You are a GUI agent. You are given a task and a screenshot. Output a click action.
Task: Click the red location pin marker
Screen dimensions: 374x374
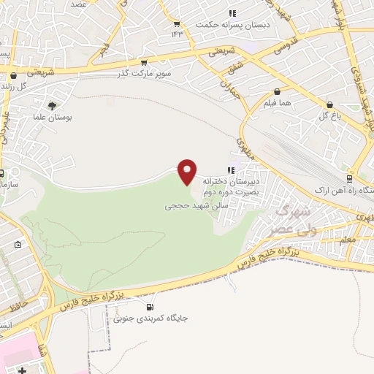pyautogui.click(x=188, y=171)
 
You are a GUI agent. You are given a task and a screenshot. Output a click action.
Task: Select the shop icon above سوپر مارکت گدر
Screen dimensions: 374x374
pyautogui.click(x=144, y=63)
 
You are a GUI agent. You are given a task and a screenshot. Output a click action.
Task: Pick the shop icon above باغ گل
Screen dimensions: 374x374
pyautogui.click(x=330, y=104)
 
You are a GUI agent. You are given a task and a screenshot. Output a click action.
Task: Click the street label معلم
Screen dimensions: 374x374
pyautogui.click(x=348, y=238)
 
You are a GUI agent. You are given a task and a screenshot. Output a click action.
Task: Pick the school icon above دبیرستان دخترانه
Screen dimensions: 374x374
pyautogui.click(x=232, y=170)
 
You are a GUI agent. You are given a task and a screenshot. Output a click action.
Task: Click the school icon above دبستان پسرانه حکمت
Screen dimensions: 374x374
pyautogui.click(x=232, y=13)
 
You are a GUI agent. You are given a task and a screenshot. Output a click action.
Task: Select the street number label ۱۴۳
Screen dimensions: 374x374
pyautogui.click(x=178, y=34)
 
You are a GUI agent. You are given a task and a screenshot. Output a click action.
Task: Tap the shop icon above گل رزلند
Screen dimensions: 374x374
pyautogui.click(x=13, y=75)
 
